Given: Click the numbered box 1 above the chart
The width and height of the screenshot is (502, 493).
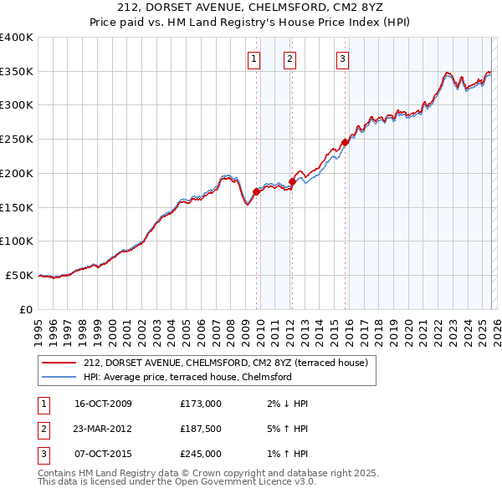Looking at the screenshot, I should tap(254, 58).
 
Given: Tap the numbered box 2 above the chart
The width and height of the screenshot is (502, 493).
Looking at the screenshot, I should tap(289, 58).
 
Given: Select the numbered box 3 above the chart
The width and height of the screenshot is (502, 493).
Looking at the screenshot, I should tap(342, 58).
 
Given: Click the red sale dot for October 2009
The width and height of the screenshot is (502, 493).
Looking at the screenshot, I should tap(256, 191).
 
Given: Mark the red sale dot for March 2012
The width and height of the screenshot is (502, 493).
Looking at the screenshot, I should tap(292, 181).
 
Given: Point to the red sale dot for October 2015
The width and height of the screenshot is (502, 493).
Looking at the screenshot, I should tap(345, 142).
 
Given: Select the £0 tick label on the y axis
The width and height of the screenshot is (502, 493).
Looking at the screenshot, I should tap(25, 309).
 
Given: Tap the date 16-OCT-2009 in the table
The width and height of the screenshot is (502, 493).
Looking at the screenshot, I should tap(103, 404).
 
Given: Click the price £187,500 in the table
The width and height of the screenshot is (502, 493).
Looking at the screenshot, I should tap(201, 429).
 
